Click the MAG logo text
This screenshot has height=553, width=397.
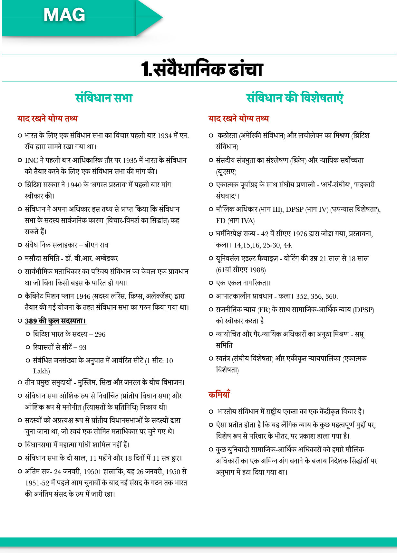pyautogui.click(x=64, y=15)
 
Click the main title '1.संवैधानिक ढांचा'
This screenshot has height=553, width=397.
pyautogui.click(x=202, y=69)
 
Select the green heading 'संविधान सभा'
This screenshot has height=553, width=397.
pyautogui.click(x=104, y=98)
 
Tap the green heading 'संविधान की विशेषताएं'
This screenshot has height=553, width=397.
pyautogui.click(x=295, y=98)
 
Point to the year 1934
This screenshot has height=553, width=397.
pyautogui.click(x=165, y=136)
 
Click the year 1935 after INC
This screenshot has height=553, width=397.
pyautogui.click(x=130, y=160)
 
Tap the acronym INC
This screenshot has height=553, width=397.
pyautogui.click(x=32, y=160)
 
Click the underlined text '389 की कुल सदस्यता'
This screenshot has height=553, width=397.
pyautogui.click(x=55, y=321)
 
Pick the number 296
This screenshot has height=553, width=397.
pyautogui.click(x=100, y=334)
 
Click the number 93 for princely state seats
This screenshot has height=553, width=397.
pyautogui.click(x=82, y=348)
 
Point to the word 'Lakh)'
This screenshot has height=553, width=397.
pyautogui.click(x=42, y=371)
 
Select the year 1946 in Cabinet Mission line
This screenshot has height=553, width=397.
pyautogui.click(x=83, y=296)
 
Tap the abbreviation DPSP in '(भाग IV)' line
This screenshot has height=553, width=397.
pyautogui.click(x=295, y=210)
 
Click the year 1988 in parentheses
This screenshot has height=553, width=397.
pyautogui.click(x=257, y=270)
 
